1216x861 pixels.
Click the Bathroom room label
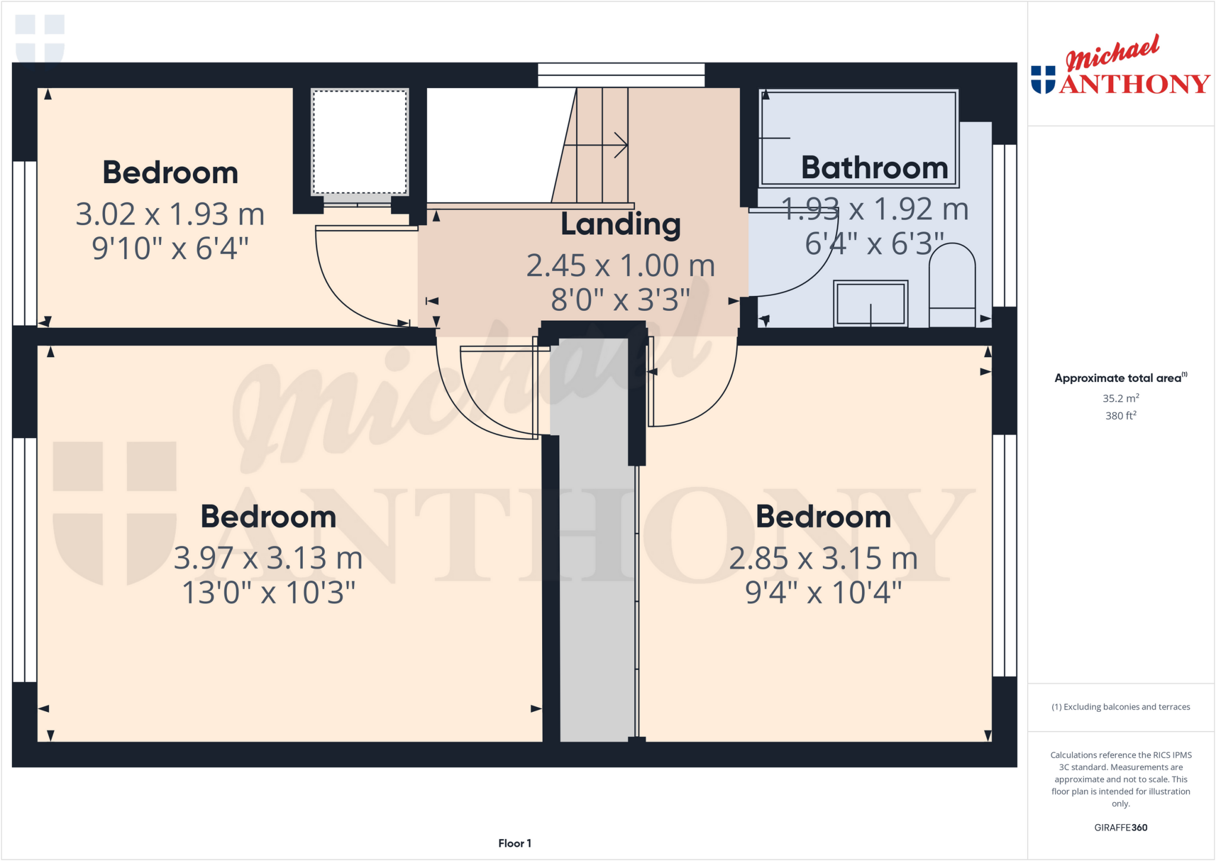874,168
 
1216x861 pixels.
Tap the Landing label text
620,225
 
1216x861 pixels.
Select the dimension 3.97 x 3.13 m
268,558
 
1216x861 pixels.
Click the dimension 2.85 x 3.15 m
823,558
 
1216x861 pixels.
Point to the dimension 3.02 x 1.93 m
170,214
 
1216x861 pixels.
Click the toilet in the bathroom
952,285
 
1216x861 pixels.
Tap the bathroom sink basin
870,303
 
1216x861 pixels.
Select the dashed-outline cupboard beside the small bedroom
360,142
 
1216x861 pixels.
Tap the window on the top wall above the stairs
621,75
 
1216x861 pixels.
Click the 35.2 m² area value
1120,398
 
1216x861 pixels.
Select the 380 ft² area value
1120,415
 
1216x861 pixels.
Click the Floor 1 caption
514,843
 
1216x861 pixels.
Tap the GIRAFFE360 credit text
1120,827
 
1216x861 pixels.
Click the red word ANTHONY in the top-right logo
1134,84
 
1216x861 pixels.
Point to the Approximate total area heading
1119,378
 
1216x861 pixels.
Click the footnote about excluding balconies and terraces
1120,707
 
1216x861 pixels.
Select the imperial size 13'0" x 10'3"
268,592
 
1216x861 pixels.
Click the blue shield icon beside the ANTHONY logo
1043,80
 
